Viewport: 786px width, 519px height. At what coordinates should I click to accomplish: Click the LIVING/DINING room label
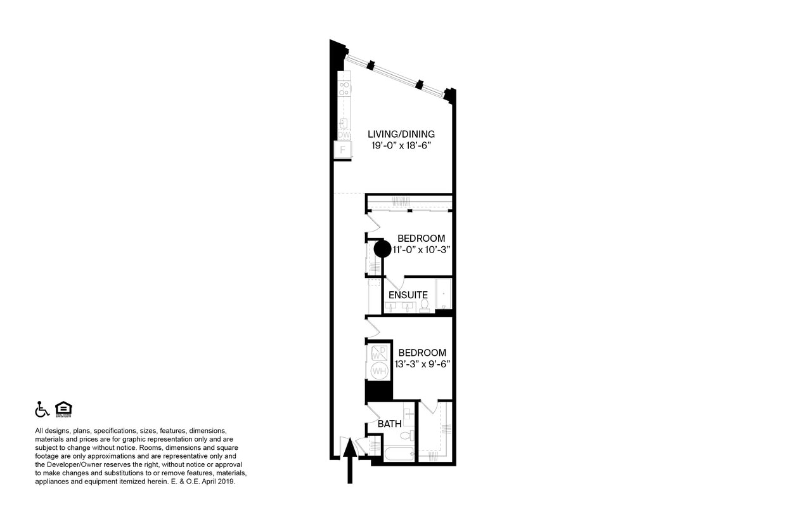[x=401, y=134]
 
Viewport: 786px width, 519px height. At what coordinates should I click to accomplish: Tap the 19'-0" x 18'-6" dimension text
[x=401, y=145]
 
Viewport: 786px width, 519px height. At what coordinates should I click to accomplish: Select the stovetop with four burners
[x=344, y=88]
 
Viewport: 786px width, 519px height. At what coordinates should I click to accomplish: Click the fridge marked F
[x=343, y=150]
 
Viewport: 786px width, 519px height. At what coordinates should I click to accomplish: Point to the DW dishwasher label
[x=344, y=135]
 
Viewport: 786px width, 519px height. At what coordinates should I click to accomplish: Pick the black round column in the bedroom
[x=382, y=249]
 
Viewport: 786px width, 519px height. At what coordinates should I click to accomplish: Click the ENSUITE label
[x=408, y=295]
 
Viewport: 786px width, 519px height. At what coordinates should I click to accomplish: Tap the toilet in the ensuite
[x=424, y=306]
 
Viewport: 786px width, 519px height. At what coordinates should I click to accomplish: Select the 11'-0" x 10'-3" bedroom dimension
[x=421, y=249]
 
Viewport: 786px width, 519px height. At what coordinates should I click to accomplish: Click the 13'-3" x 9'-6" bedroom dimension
[x=422, y=364]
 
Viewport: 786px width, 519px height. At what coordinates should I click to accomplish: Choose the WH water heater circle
[x=379, y=371]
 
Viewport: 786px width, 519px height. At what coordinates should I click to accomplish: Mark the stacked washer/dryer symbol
[x=379, y=353]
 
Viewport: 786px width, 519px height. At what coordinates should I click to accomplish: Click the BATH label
[x=389, y=423]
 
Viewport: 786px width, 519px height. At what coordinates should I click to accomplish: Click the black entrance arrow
[x=349, y=459]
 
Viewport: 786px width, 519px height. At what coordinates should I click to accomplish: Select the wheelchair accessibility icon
[x=42, y=409]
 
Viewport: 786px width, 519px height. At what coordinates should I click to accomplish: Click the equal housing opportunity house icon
[x=63, y=409]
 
